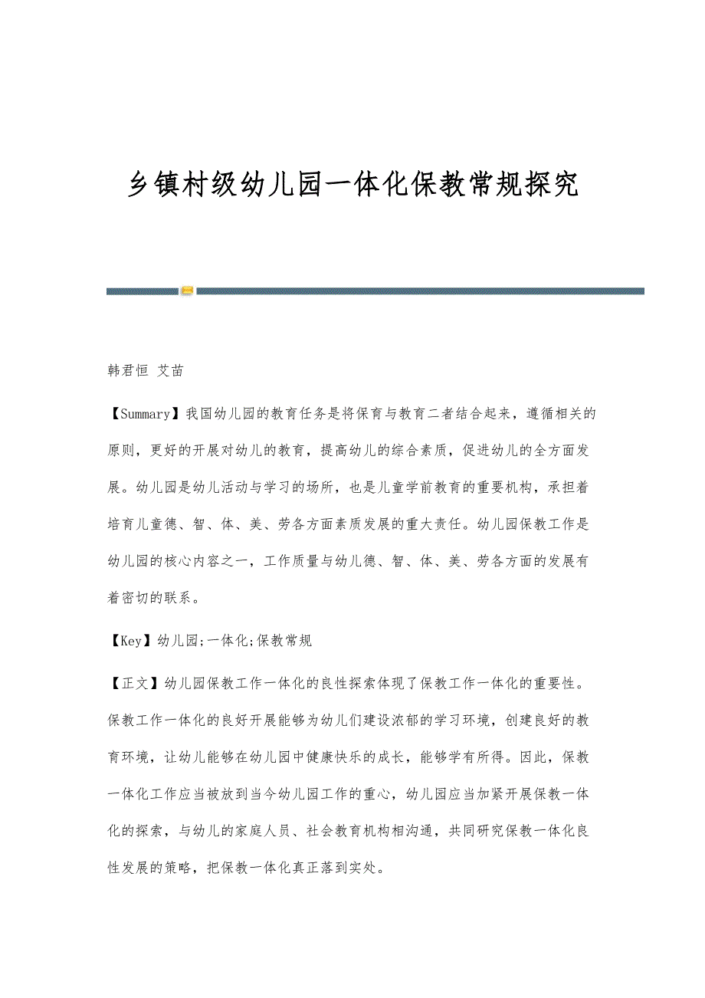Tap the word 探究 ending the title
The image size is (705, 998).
(x=552, y=185)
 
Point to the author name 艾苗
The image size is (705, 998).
(x=170, y=371)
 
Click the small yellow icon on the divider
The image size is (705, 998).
(x=187, y=291)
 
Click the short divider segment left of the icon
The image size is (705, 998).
(x=142, y=291)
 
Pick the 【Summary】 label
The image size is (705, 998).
(x=142, y=415)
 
